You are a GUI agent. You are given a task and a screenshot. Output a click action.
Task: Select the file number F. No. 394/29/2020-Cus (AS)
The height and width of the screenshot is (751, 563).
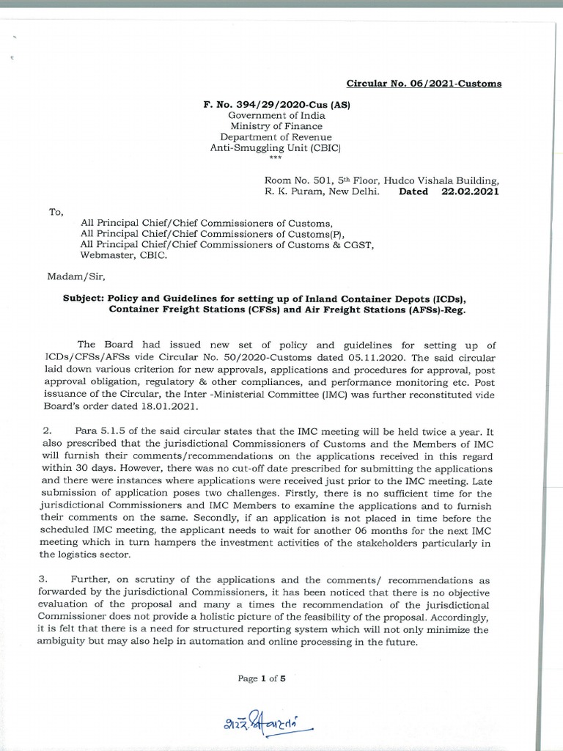(x=276, y=105)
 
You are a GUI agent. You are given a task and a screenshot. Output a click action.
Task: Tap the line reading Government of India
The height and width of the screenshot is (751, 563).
(x=276, y=116)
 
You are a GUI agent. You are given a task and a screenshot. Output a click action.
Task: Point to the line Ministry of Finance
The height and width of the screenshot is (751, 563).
(x=276, y=127)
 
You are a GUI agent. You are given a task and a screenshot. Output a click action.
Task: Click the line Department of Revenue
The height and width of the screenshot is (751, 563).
(x=276, y=138)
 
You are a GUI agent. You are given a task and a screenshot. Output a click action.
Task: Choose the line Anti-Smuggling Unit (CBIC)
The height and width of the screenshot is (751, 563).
(x=276, y=149)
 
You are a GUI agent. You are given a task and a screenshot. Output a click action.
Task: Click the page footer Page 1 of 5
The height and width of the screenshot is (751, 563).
(x=261, y=678)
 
